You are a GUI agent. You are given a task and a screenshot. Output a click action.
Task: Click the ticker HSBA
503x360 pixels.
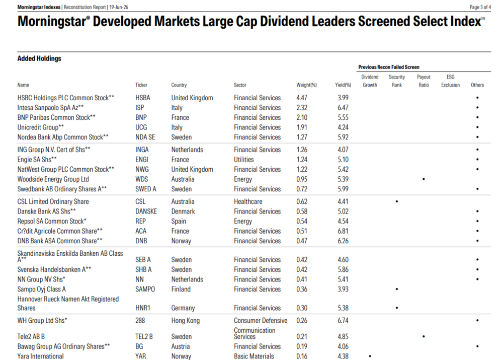[x=143, y=98]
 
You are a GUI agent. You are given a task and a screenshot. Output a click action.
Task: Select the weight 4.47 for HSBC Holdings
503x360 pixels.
[x=302, y=98]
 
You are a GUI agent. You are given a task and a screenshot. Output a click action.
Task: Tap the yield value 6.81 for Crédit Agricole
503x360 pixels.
[x=343, y=231]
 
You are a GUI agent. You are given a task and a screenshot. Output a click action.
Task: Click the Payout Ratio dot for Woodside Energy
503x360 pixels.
[x=424, y=179]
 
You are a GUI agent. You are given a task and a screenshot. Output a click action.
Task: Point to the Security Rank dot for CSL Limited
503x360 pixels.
[x=397, y=202]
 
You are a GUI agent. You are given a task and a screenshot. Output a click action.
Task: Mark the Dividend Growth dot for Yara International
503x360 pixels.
[x=370, y=356]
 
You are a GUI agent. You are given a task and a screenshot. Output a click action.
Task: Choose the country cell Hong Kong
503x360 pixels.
[x=186, y=321]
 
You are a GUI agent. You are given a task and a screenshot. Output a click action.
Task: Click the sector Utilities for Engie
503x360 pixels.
[x=244, y=160]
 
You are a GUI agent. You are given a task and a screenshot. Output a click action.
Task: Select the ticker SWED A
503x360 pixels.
[x=146, y=189]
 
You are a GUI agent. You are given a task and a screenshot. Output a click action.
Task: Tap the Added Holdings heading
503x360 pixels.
[x=39, y=58]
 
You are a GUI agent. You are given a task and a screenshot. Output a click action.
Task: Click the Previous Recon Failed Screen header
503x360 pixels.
[x=389, y=67]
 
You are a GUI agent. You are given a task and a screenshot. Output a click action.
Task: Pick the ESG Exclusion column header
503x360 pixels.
[x=450, y=81]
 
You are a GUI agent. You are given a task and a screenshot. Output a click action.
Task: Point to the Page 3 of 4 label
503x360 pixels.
[x=480, y=7]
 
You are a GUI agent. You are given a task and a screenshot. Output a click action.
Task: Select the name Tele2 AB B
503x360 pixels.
[x=31, y=336]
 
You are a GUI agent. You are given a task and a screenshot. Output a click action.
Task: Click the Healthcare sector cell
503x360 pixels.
[x=248, y=202]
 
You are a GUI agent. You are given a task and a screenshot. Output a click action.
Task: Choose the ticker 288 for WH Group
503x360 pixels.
[x=140, y=321]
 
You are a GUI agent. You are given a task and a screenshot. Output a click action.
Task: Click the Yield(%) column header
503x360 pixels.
[x=343, y=85]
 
